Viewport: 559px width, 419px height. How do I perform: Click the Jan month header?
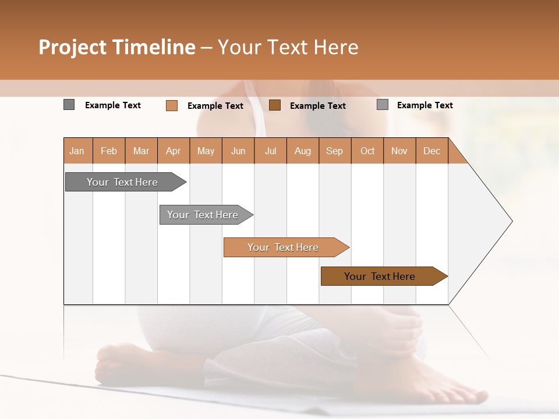[77, 151]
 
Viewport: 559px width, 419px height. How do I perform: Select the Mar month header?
[141, 151]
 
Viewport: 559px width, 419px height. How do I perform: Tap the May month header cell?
[206, 151]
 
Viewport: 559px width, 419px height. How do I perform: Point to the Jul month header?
[270, 151]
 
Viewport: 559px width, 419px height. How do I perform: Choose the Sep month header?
[334, 151]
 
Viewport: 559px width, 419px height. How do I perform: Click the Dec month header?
[431, 151]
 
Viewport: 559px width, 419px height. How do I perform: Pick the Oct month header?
[367, 151]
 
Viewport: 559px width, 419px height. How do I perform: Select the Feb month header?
[109, 151]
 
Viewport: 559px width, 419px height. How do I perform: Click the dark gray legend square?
[69, 105]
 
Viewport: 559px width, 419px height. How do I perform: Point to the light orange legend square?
[171, 105]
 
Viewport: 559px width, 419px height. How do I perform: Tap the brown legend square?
[275, 105]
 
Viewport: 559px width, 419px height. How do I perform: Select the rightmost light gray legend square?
[383, 105]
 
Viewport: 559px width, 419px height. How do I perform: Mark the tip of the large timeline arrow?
[511, 221]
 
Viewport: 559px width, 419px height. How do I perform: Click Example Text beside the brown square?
[317, 106]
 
